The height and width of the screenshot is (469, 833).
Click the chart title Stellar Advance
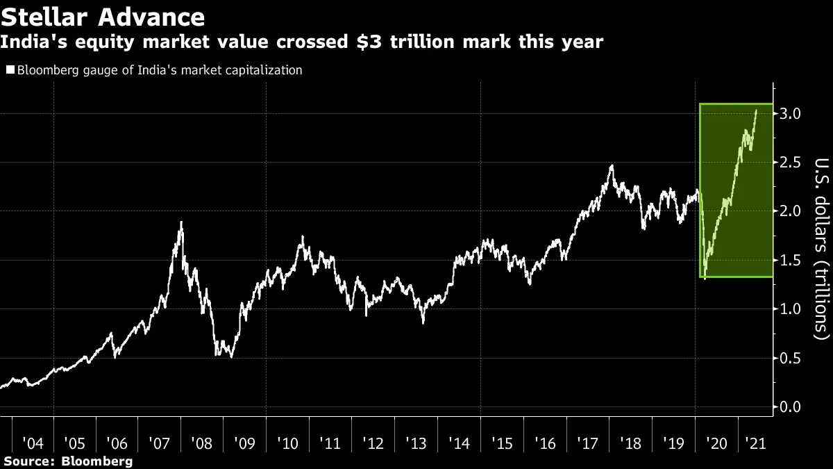(103, 16)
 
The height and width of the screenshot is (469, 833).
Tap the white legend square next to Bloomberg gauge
(9, 70)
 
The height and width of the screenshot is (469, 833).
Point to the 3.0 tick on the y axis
(792, 113)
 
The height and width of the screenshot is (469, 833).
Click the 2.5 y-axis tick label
(792, 162)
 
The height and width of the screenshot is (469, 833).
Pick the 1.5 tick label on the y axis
(792, 260)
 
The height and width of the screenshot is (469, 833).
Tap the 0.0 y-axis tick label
(792, 406)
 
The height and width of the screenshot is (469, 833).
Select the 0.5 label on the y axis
(792, 358)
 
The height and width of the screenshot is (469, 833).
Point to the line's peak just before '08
(181, 222)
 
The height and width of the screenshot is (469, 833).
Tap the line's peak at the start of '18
(611, 165)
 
